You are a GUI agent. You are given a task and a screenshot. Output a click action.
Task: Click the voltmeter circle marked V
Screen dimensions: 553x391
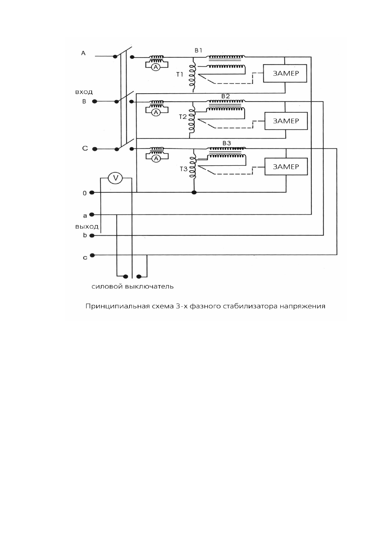(x=115, y=178)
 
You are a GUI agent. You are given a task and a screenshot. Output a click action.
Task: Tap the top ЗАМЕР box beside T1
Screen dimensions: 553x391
(x=285, y=73)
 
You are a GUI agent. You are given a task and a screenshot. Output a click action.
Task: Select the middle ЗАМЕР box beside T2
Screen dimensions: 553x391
(x=286, y=121)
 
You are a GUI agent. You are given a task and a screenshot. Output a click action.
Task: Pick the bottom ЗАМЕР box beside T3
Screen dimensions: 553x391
(x=286, y=166)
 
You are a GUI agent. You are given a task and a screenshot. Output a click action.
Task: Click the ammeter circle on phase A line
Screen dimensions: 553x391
(x=157, y=67)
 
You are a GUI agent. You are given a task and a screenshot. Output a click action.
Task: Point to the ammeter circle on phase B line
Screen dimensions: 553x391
(x=157, y=112)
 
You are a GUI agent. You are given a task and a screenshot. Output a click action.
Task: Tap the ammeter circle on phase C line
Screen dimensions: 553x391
(x=157, y=158)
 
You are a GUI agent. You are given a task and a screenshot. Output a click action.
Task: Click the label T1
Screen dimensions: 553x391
(x=179, y=75)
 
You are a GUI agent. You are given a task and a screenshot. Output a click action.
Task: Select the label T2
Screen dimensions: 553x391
(x=183, y=117)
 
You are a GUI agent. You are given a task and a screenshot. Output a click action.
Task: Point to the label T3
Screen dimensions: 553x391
(x=183, y=169)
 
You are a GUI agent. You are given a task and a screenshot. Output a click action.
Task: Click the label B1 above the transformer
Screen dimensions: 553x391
(x=198, y=51)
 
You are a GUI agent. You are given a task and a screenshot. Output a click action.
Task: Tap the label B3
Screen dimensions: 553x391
(x=227, y=144)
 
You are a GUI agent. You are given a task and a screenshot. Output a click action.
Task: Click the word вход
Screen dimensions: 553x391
(x=84, y=92)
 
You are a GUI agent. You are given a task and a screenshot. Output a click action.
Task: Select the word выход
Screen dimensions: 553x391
(x=87, y=227)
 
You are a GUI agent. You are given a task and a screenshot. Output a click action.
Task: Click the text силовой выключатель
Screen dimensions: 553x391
(x=132, y=287)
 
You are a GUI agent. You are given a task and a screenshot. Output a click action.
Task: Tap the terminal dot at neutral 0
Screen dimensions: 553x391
(x=92, y=192)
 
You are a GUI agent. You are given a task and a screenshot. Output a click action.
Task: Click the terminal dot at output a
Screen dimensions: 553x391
(x=92, y=215)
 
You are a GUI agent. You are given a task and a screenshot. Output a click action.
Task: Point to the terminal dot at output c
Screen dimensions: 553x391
(x=92, y=255)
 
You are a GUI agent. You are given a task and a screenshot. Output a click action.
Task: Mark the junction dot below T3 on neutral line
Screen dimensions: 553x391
(x=194, y=192)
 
